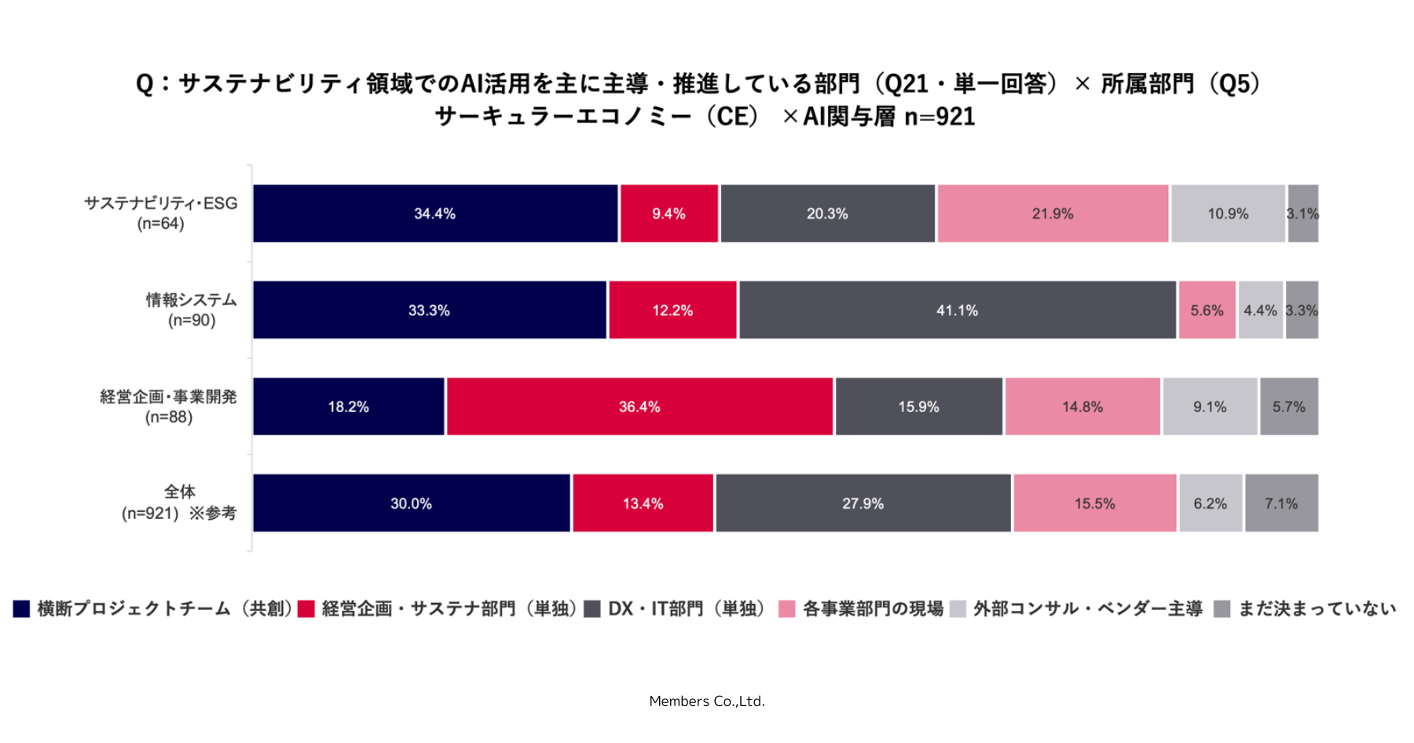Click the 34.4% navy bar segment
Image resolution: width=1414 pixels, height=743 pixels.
435,213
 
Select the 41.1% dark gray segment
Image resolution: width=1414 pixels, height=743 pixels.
958,310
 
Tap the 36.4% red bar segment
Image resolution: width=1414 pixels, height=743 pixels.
639,406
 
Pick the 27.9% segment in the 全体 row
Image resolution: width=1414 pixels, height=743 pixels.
863,503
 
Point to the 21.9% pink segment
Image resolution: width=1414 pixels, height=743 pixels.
1053,213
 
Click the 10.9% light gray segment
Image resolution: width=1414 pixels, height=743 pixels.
1228,213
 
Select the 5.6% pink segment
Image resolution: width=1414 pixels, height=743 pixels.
1207,310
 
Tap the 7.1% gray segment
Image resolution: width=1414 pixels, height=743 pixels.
1281,503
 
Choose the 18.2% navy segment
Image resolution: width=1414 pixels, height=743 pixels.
349,406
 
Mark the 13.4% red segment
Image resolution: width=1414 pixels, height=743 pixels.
643,503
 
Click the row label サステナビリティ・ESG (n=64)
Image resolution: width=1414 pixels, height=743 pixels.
161,213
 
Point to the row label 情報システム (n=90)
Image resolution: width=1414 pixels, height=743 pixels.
192,310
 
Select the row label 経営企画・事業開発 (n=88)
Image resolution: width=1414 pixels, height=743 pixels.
169,406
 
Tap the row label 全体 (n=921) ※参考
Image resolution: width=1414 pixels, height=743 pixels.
179,502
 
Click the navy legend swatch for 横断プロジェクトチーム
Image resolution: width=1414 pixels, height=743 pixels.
21,609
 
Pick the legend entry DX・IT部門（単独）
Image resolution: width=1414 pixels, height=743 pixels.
676,609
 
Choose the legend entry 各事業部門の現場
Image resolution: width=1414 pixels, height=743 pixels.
861,609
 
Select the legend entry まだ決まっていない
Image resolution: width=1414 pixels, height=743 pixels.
1305,609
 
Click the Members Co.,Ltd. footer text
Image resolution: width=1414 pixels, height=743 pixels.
707,701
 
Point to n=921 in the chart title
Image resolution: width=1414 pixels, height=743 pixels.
940,116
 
